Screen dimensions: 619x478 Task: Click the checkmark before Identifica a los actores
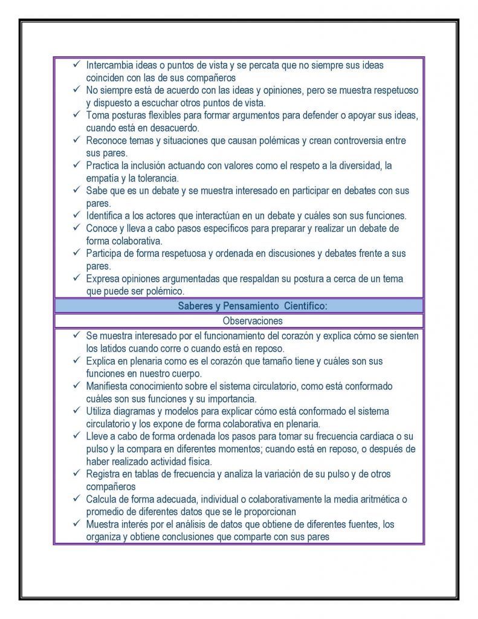pos(76,215)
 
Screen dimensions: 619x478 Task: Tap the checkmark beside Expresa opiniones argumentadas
pos(76,278)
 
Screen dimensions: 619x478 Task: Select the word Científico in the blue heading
pos(305,306)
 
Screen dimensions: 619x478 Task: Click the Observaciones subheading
pos(253,321)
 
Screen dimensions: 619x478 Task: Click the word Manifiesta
pos(109,386)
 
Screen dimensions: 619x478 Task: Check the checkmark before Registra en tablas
pos(76,473)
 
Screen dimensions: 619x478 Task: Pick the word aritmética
pos(380,499)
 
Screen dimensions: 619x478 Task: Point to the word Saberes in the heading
pos(193,306)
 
